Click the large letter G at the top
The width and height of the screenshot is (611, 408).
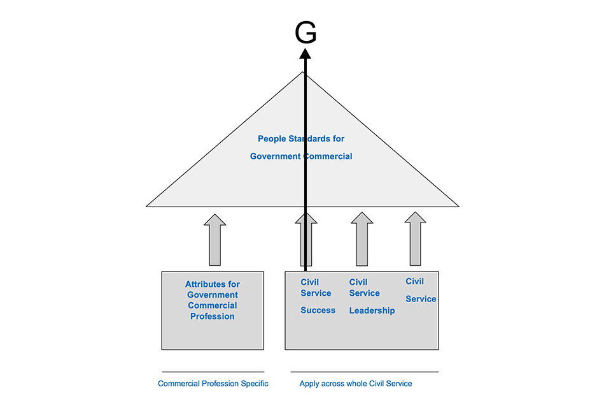(x=306, y=34)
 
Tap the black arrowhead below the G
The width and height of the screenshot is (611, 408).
(x=306, y=55)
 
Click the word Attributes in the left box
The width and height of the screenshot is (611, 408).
(x=212, y=284)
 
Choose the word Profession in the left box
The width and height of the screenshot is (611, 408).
(x=212, y=316)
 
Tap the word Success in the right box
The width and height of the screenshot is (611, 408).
(x=318, y=310)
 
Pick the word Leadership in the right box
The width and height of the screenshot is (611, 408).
(x=372, y=310)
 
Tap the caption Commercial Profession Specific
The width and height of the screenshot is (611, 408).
(x=213, y=384)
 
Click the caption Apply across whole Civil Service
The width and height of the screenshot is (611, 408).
(x=356, y=384)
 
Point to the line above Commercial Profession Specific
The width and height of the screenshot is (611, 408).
(x=213, y=372)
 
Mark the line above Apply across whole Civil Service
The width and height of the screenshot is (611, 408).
(x=365, y=372)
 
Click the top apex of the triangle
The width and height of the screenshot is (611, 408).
(x=303, y=73)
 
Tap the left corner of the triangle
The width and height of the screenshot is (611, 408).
(x=148, y=206)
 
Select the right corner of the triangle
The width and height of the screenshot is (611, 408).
(x=458, y=206)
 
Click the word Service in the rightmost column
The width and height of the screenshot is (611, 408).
(x=421, y=299)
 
